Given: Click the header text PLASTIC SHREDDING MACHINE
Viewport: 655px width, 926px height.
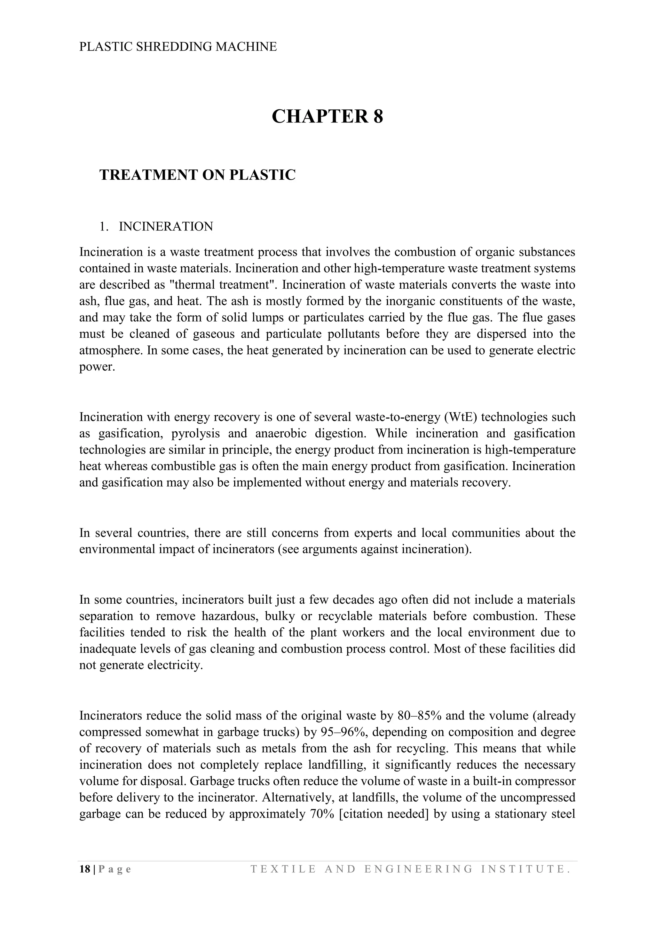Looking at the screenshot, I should (178, 47).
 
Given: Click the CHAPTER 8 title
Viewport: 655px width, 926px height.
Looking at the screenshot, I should (327, 117).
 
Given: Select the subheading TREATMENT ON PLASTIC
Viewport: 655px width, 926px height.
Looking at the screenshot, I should (197, 175).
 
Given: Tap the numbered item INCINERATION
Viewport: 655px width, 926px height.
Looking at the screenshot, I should (166, 227).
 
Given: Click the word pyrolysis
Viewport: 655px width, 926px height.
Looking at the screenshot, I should (196, 434).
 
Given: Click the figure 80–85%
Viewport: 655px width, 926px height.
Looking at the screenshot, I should (420, 716).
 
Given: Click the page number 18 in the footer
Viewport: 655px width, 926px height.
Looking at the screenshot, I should (85, 869).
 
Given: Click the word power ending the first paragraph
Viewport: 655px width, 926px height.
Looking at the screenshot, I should (97, 367).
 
